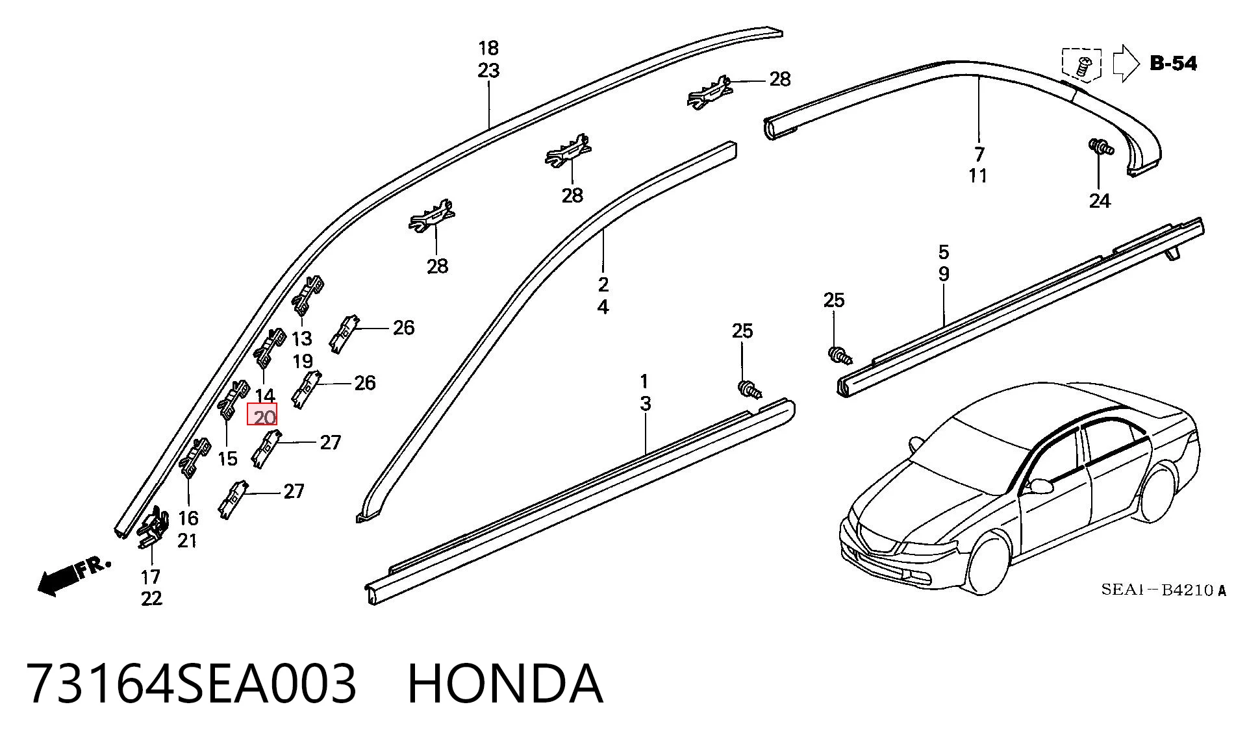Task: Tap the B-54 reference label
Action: point(1173,64)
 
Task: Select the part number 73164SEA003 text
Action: point(192,684)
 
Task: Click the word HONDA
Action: point(505,684)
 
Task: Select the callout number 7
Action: point(979,155)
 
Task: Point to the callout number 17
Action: point(151,577)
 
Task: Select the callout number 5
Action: point(944,252)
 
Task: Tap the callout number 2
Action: point(603,284)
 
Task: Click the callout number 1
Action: point(645,381)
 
